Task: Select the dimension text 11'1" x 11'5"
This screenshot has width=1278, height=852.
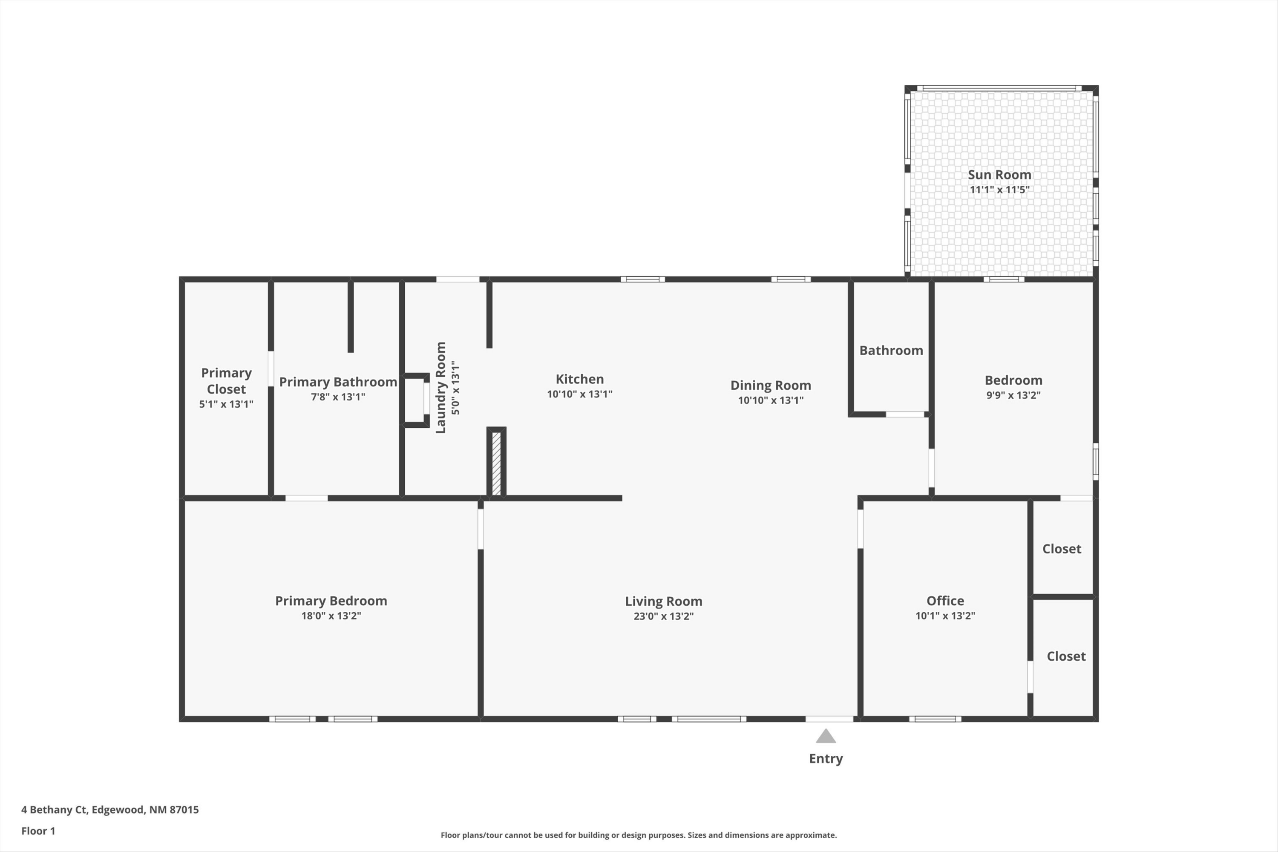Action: click(999, 190)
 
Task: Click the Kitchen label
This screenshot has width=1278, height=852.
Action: click(579, 379)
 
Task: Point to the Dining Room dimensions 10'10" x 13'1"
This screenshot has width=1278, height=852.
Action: click(771, 400)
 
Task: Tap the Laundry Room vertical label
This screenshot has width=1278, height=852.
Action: click(440, 387)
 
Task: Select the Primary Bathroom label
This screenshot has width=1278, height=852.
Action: click(338, 382)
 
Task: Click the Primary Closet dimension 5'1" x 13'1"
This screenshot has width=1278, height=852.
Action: click(226, 404)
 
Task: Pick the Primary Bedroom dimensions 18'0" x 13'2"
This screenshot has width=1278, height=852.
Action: click(331, 616)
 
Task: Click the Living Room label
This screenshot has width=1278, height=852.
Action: click(663, 602)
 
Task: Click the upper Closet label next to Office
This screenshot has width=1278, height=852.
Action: click(1061, 549)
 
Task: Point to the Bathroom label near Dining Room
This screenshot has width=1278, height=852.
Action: click(891, 351)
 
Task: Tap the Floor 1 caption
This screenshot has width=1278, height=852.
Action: click(38, 831)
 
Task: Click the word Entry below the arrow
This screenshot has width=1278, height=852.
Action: click(826, 759)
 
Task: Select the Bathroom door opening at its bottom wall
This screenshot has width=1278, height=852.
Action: click(905, 414)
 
